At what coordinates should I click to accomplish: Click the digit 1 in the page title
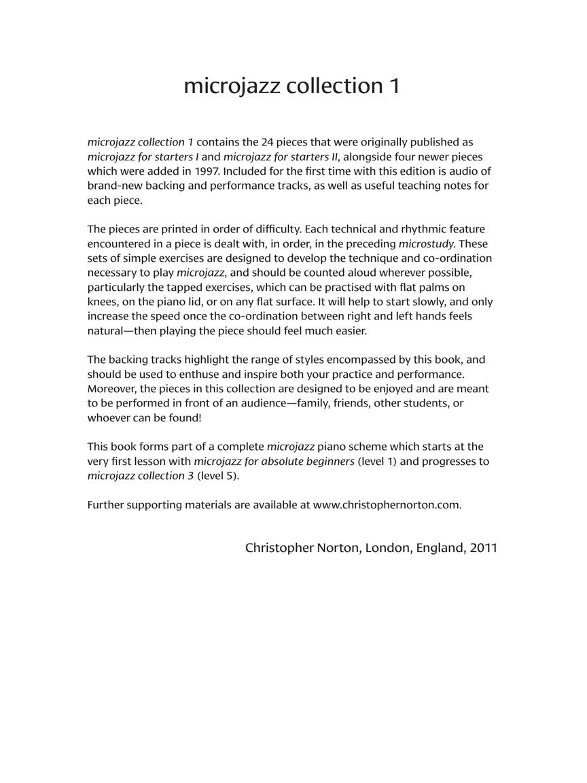tap(393, 86)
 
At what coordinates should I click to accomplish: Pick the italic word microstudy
tap(426, 243)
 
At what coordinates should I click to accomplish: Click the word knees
tap(102, 301)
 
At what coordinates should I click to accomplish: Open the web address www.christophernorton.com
tap(387, 504)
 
